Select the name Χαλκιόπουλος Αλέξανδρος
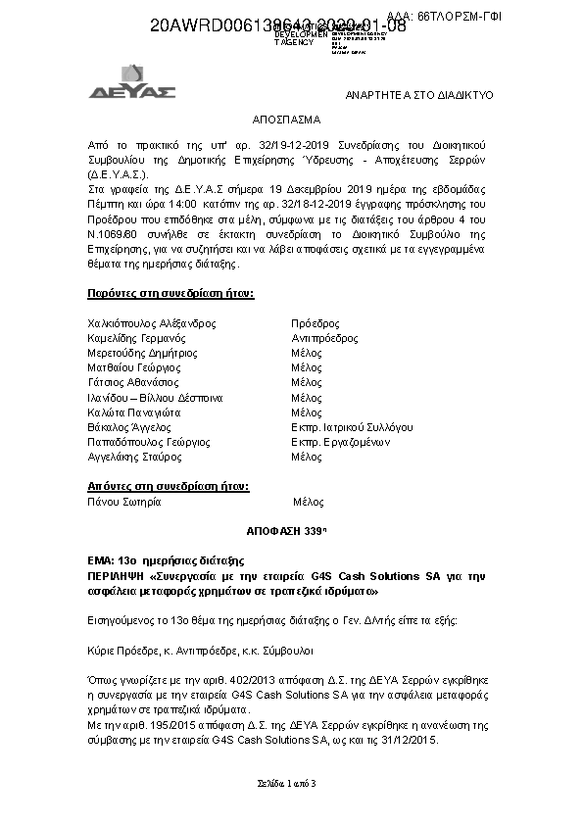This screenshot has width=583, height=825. click(152, 323)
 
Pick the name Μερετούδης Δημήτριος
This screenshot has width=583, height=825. click(143, 353)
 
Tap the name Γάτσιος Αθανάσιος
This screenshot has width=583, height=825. click(134, 382)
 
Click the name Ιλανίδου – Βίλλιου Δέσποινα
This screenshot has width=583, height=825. click(156, 398)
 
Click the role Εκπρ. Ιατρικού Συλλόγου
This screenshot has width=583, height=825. click(352, 427)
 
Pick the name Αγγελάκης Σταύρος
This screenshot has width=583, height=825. click(136, 457)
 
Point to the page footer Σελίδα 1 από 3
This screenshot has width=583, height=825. click(291, 785)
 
